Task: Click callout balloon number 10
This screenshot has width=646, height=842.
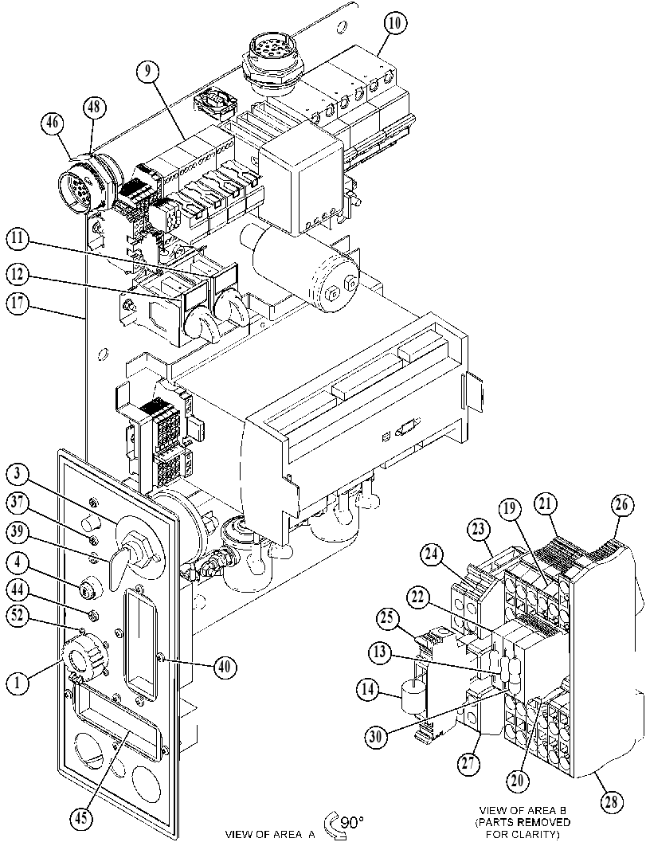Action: pyautogui.click(x=396, y=24)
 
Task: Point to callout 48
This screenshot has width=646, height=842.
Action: pyautogui.click(x=94, y=108)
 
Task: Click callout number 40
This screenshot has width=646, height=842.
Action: pyautogui.click(x=223, y=667)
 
